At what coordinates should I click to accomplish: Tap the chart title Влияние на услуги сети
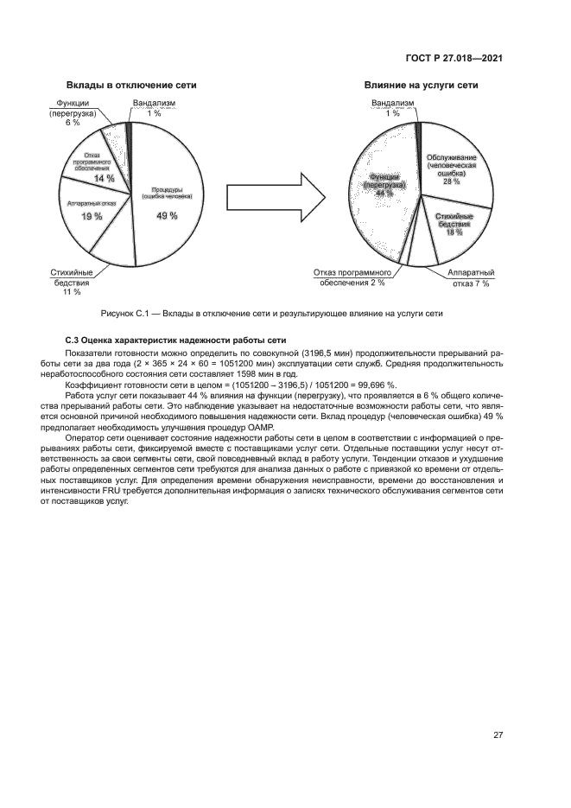coord(421,86)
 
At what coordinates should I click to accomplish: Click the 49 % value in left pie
coord(167,215)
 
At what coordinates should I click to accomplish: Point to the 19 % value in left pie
coord(92,216)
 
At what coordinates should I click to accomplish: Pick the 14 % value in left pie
coord(105,178)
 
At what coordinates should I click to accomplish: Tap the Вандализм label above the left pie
coord(154,103)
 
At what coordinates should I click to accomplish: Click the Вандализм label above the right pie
coord(393,103)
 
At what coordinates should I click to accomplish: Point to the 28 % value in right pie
coord(451,182)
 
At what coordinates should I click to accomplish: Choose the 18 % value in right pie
coord(453,232)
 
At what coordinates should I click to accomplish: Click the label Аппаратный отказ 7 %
coord(471,277)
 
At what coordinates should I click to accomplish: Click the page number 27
coord(498,735)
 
